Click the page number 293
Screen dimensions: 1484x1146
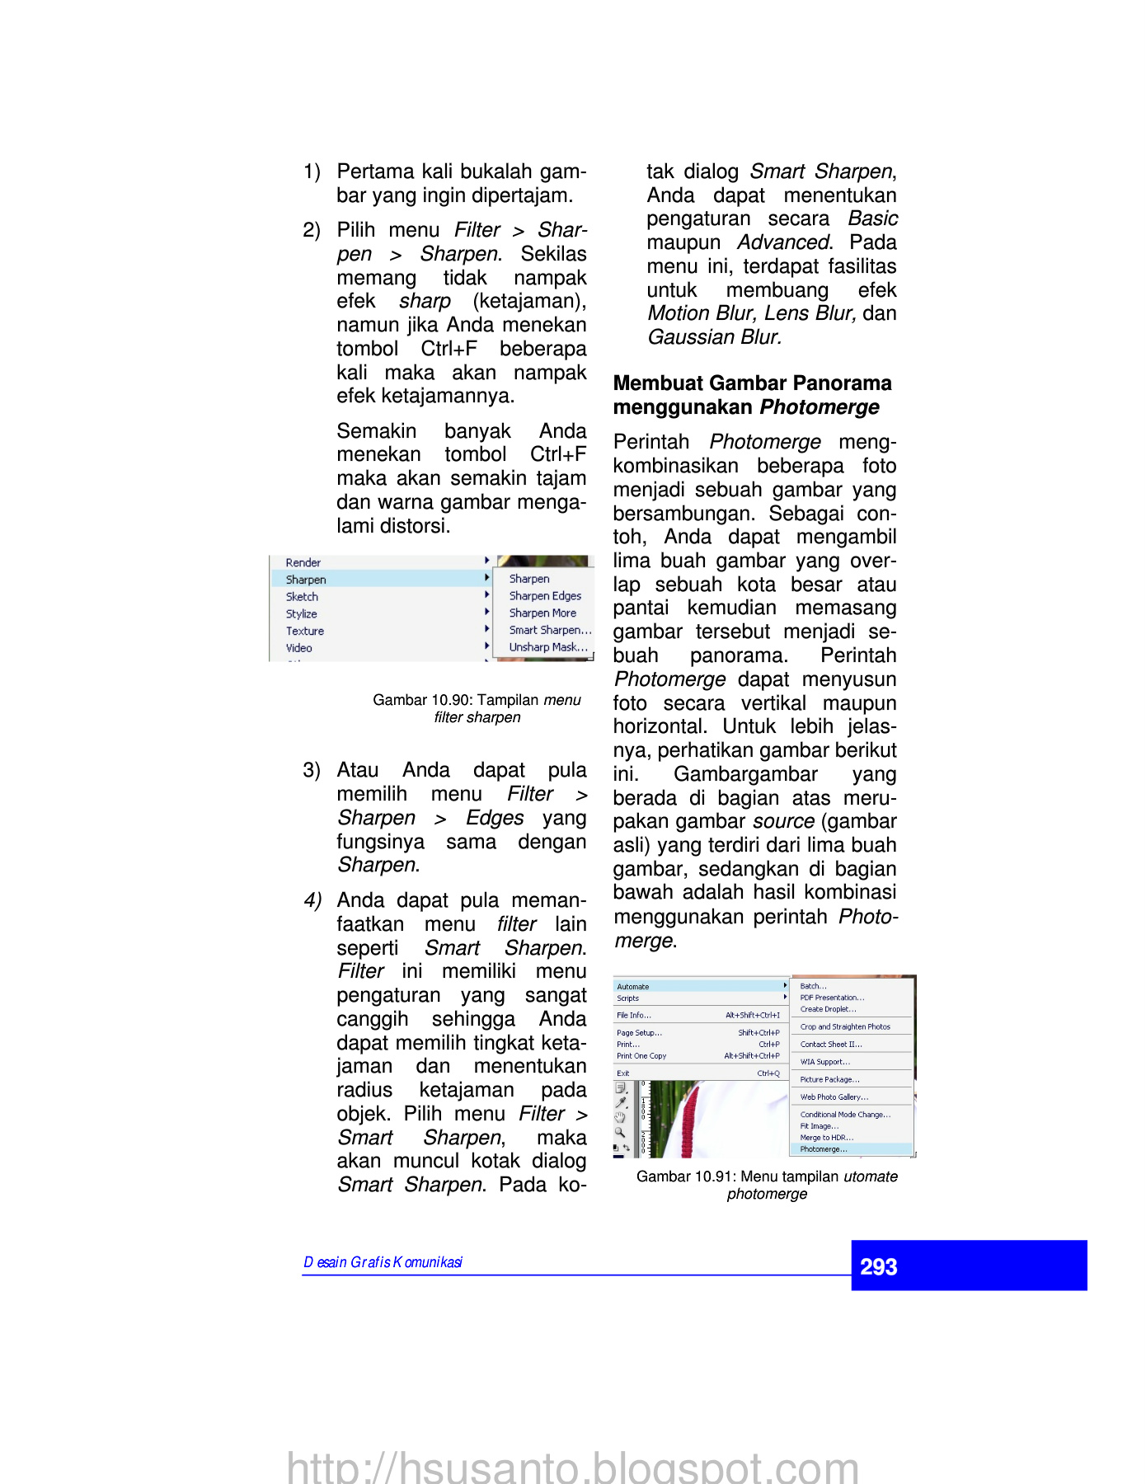pos(879,1266)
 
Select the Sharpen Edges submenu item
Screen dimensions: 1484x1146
pos(545,596)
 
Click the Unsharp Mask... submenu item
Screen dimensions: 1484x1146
pos(548,647)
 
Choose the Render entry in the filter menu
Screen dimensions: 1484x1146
pos(303,562)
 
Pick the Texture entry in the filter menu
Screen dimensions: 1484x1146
pos(305,631)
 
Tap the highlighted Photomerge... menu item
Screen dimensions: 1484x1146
pos(824,1149)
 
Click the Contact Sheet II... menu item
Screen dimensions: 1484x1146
pos(831,1045)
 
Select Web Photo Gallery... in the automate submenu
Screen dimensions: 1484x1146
pos(834,1097)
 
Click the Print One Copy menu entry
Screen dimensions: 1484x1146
pos(641,1056)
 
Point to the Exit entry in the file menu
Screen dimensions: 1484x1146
pos(623,1073)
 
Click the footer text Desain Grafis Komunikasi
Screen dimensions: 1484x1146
pos(383,1262)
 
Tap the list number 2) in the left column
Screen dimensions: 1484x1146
pos(311,230)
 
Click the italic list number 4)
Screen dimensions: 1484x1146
pos(312,900)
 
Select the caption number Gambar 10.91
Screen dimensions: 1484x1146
pos(684,1176)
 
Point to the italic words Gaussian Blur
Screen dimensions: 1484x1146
pos(715,337)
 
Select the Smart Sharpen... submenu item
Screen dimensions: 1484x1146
pos(550,630)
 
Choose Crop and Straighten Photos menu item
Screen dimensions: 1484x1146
pos(845,1027)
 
